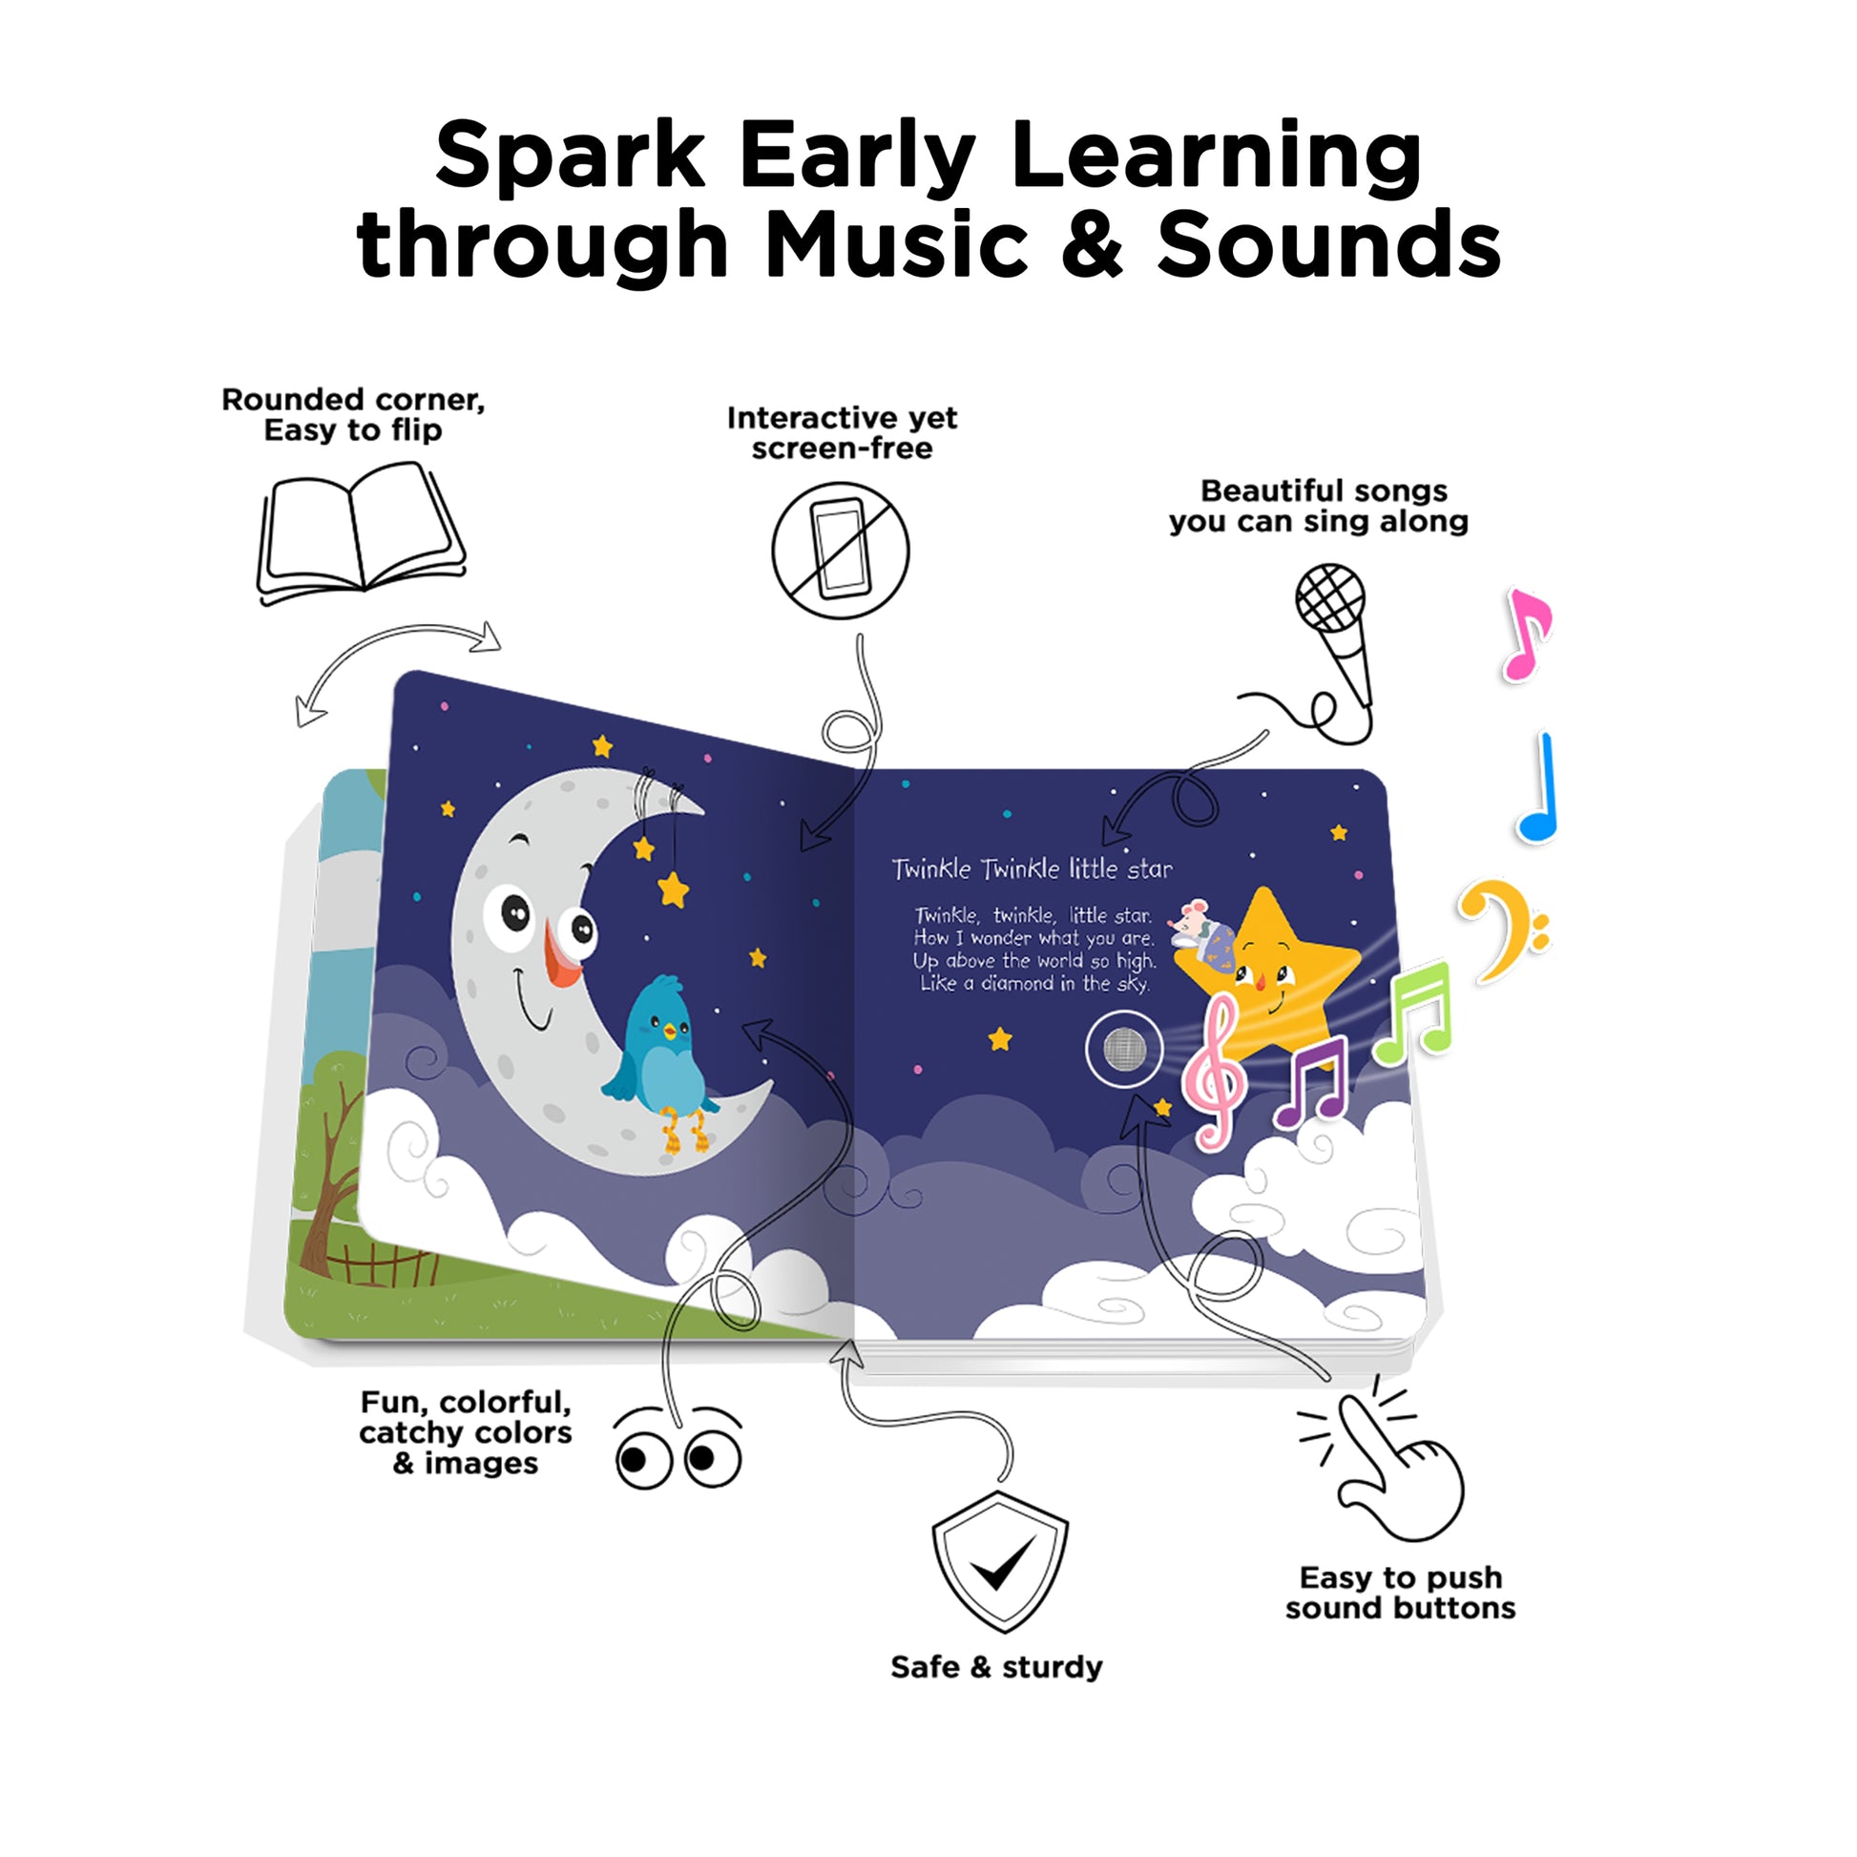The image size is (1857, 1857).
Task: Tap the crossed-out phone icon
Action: tap(841, 551)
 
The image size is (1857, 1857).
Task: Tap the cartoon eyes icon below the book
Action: tap(678, 1450)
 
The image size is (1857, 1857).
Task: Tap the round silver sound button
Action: tap(1124, 1050)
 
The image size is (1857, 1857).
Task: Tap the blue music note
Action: tap(1538, 788)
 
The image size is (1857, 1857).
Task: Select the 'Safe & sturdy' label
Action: tap(997, 1693)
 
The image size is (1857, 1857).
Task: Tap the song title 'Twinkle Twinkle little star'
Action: tap(1033, 869)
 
